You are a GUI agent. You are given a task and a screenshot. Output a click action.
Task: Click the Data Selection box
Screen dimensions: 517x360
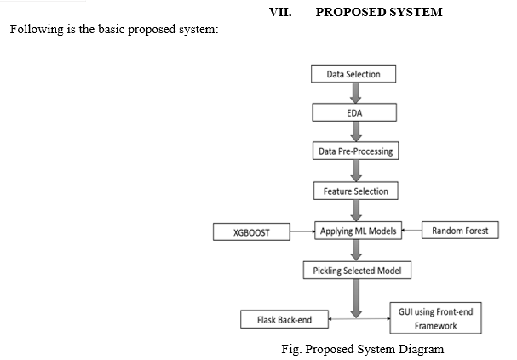(x=353, y=74)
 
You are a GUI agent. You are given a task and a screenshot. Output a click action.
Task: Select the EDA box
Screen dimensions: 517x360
(x=354, y=112)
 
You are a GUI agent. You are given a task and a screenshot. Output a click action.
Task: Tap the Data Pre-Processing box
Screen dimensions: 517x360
(x=356, y=151)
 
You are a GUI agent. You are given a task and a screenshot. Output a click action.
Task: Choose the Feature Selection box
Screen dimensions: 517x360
(x=356, y=191)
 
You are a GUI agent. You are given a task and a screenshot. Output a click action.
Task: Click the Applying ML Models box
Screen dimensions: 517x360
(x=358, y=231)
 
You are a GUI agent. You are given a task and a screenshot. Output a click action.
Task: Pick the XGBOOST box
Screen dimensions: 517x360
(x=251, y=231)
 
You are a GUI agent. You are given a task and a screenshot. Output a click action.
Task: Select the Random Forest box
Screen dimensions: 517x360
(x=460, y=231)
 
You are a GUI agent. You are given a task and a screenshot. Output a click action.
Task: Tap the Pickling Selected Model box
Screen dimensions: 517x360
(x=357, y=271)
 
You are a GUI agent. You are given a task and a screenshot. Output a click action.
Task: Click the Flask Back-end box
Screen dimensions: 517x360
(x=284, y=319)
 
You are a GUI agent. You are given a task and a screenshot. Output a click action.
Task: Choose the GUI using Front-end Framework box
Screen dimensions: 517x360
(x=435, y=318)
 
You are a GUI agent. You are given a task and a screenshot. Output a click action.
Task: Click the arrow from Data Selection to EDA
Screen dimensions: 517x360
(x=355, y=93)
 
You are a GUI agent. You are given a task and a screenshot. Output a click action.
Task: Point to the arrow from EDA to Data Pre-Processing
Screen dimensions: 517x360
(x=356, y=131)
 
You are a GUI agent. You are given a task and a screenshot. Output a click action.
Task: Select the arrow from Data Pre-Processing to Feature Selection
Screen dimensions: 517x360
(x=356, y=170)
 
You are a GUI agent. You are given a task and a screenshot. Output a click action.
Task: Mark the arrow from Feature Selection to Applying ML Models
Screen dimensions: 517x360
(x=356, y=210)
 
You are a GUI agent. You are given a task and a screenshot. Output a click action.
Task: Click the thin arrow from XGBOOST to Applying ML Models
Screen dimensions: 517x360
(x=302, y=231)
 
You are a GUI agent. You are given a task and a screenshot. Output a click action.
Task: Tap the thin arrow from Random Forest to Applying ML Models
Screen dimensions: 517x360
(x=411, y=230)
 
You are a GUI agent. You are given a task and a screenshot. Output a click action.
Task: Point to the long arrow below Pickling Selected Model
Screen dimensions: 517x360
(x=356, y=299)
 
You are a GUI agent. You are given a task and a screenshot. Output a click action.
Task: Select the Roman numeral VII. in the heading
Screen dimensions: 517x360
(x=280, y=12)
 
